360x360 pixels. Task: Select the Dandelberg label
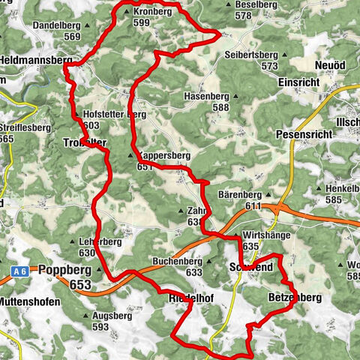point(57,25)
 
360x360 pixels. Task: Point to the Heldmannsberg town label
point(35,58)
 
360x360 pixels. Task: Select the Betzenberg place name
point(295,298)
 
